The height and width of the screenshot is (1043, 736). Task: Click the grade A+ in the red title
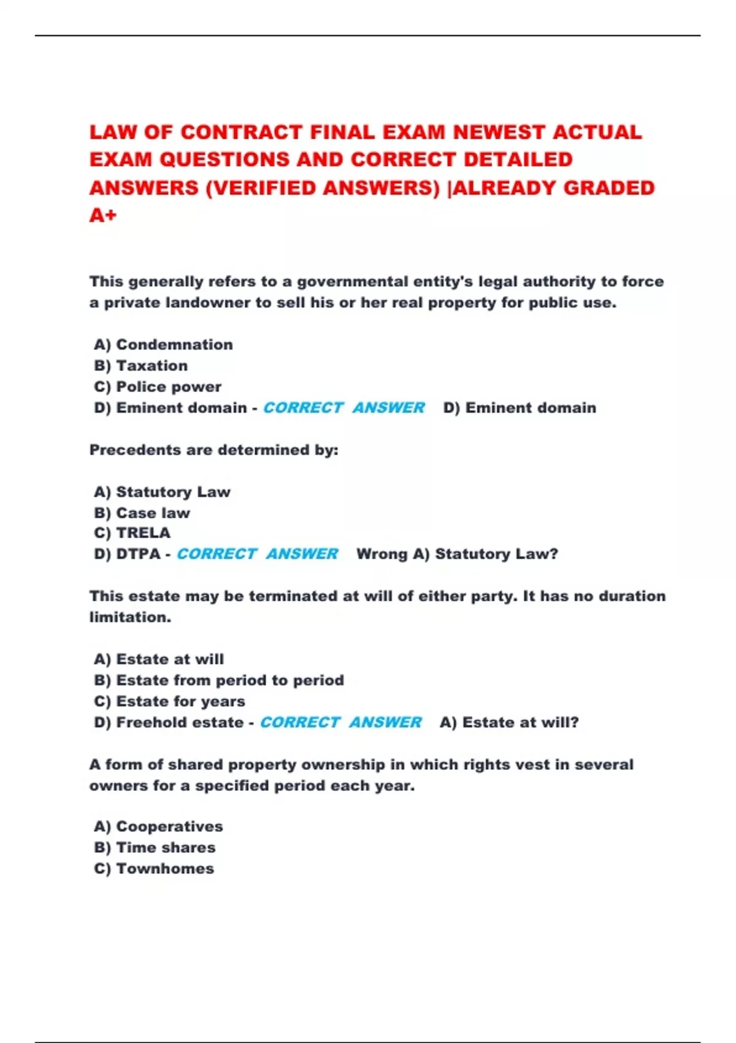click(x=103, y=215)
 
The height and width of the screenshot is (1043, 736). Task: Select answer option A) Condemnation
click(x=163, y=345)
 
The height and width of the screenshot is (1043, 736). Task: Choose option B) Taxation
click(x=141, y=366)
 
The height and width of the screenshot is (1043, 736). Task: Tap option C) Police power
click(x=158, y=387)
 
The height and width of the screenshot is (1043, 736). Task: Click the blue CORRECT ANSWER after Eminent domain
click(x=343, y=408)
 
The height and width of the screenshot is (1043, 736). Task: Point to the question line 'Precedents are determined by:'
click(x=213, y=450)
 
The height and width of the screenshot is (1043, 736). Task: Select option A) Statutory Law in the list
click(x=162, y=492)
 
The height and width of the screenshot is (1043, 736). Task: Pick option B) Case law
click(x=142, y=513)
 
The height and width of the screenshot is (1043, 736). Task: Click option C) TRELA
click(x=132, y=533)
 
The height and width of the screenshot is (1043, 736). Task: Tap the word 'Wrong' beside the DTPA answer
click(x=381, y=554)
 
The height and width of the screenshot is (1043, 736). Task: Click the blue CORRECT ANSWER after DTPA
click(x=257, y=554)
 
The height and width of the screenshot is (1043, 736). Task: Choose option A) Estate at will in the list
click(x=159, y=660)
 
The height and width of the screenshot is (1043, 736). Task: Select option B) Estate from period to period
click(x=219, y=680)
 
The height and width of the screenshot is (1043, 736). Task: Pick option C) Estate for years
click(x=169, y=701)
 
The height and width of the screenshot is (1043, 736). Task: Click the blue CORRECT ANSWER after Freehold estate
click(x=340, y=723)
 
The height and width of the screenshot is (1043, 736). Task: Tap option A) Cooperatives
click(x=158, y=826)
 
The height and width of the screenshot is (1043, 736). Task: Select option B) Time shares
click(x=155, y=848)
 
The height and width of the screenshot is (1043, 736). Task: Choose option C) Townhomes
click(x=154, y=869)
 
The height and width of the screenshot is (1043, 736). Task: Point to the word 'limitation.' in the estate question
click(x=130, y=617)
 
